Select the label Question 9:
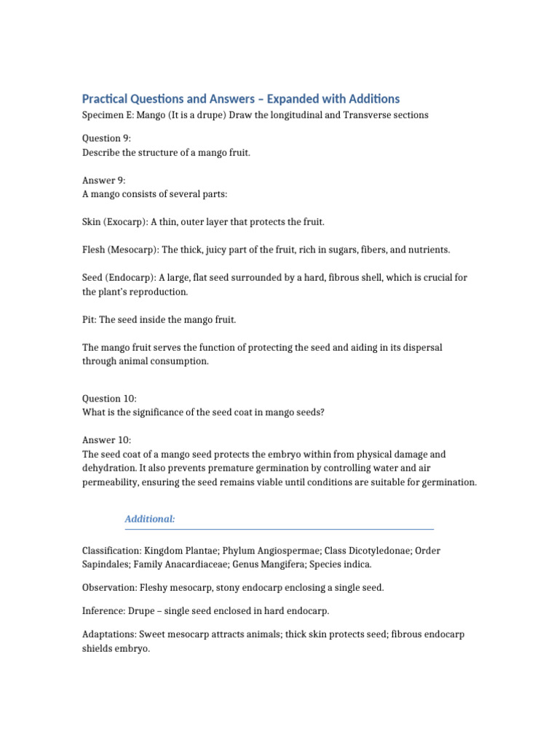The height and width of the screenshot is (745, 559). (102, 139)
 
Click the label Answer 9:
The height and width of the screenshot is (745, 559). (99, 180)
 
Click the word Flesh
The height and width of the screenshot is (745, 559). (94, 250)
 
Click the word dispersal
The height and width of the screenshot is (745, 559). (421, 348)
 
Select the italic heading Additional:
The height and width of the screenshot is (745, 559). (150, 519)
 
